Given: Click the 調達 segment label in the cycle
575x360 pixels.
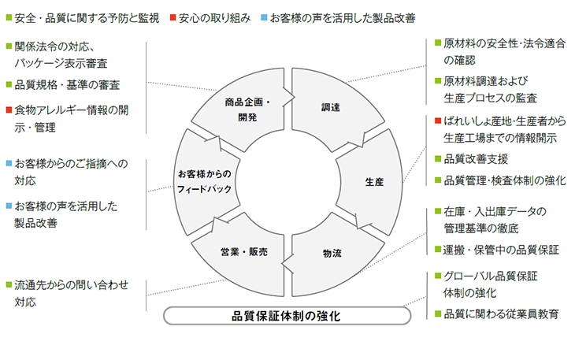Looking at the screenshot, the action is tap(330, 107).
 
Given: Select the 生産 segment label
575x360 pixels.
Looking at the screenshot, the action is tap(374, 182).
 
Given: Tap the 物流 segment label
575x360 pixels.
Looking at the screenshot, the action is tap(332, 254).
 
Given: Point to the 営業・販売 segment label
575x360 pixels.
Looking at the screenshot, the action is tap(244, 252).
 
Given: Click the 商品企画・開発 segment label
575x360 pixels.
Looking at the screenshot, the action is tap(247, 109).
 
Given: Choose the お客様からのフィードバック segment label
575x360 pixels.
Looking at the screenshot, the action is tap(204, 181).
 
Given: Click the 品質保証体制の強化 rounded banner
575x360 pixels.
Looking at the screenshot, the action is tap(287, 316).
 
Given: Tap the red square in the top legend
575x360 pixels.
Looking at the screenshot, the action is tap(172, 17).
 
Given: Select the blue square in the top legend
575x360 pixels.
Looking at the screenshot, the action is tap(264, 17).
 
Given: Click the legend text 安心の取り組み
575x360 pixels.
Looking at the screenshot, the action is tap(214, 18).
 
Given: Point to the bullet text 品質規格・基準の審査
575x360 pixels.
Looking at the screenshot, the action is tap(67, 85).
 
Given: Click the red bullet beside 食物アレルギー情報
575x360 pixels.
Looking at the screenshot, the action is tap(9, 109).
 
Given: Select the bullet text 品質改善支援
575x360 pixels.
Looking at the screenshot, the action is tap(476, 159).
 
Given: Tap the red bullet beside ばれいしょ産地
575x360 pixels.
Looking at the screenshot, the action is tap(438, 121).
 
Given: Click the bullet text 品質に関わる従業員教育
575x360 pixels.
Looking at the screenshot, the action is tap(501, 314).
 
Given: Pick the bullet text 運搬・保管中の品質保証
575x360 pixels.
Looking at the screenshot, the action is tap(501, 250).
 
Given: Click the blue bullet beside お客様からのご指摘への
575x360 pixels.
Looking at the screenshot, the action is tap(9, 163).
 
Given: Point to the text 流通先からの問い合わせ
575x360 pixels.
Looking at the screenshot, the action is tap(72, 285).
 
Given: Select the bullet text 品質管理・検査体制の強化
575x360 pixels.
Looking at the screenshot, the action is tap(505, 180).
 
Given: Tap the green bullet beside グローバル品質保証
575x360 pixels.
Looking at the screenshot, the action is tap(438, 276).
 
